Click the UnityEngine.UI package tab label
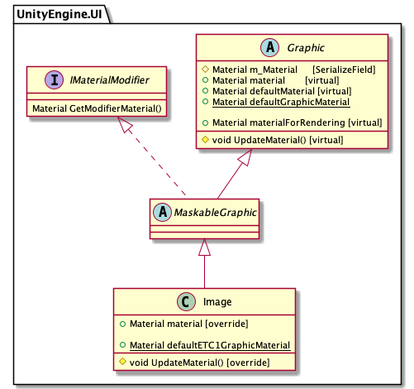click(x=59, y=14)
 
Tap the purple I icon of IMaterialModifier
click(x=55, y=80)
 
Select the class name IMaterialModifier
click(x=109, y=80)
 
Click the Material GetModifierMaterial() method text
click(x=97, y=108)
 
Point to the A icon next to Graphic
click(x=270, y=47)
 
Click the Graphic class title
click(x=306, y=48)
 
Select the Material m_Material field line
click(x=255, y=70)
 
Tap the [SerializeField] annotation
click(x=344, y=70)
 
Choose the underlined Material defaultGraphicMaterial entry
click(x=281, y=102)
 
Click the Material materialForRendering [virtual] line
click(x=297, y=122)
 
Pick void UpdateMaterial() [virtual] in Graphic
click(x=278, y=140)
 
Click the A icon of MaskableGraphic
click(x=163, y=212)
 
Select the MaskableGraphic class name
click(x=216, y=213)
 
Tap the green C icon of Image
click(x=186, y=301)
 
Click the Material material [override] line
click(x=189, y=324)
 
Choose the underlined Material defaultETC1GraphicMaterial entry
click(x=210, y=345)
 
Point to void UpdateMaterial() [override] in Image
click(x=200, y=363)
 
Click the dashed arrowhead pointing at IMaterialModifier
click(x=124, y=124)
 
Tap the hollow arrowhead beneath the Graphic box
click(x=245, y=157)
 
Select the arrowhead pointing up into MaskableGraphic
click(x=204, y=247)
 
